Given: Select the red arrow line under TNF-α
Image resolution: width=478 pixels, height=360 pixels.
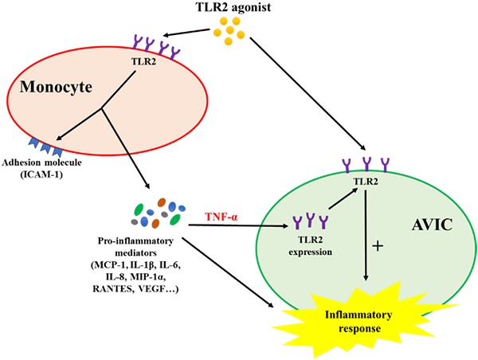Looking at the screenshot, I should tap(239, 228).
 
